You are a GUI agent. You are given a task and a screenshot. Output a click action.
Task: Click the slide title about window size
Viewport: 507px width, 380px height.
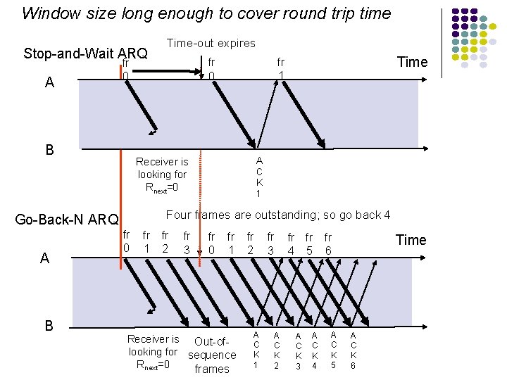tap(206, 13)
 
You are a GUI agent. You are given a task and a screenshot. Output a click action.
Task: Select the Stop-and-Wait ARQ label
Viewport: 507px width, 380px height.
tap(85, 53)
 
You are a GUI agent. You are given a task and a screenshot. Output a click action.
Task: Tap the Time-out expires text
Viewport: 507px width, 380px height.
tap(211, 43)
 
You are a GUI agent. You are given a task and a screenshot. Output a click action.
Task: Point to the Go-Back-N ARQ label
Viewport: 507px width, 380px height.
tap(67, 220)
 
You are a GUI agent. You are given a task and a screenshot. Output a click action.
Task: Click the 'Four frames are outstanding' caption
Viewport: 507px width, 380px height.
tap(277, 215)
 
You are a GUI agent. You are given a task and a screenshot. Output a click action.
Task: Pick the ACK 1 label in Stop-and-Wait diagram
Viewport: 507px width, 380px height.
tap(259, 177)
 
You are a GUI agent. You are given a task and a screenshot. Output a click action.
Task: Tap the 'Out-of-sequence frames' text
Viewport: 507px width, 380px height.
tap(211, 355)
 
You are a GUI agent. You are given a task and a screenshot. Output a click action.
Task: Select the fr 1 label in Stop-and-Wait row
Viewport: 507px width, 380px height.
tap(281, 68)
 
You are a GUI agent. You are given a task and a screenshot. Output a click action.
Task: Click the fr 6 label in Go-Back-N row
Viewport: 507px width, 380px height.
tap(328, 243)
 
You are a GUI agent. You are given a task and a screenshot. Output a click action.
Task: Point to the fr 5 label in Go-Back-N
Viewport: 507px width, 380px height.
tap(309, 243)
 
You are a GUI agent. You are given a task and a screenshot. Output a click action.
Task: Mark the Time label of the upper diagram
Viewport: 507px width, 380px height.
tap(412, 62)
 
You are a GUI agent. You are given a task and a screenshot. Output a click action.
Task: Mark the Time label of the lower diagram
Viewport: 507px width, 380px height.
tap(411, 240)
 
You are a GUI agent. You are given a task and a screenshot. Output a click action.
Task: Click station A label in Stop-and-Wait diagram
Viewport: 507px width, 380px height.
tap(49, 82)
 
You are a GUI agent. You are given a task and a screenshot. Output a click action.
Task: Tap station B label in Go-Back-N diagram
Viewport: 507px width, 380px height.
tap(49, 325)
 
